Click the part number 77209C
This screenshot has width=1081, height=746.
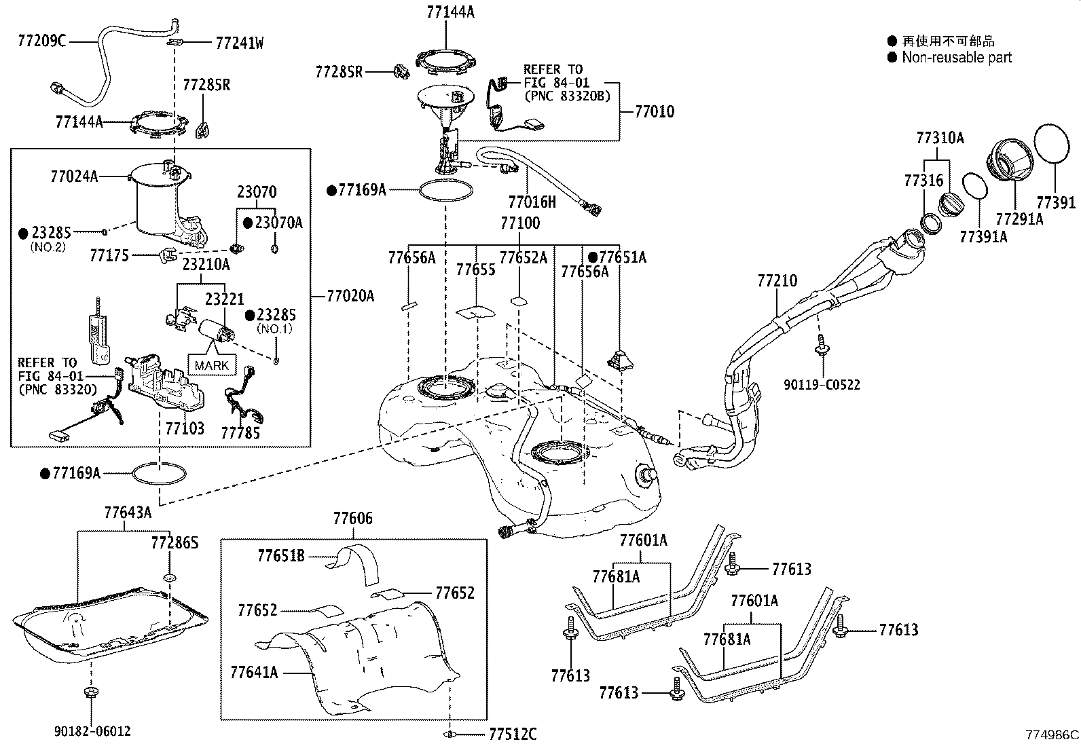click(x=41, y=41)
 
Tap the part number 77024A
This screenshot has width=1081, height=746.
click(x=73, y=176)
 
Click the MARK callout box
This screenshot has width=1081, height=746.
click(x=212, y=365)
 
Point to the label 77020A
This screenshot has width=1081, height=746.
click(x=350, y=296)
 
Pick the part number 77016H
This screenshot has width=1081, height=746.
click(x=532, y=202)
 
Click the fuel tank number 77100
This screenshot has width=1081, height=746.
click(x=519, y=223)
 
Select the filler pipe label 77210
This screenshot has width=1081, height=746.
click(x=777, y=280)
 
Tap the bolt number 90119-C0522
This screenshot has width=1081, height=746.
click(x=822, y=385)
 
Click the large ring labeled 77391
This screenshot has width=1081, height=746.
click(x=1055, y=144)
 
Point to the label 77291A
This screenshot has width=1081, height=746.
click(x=1019, y=219)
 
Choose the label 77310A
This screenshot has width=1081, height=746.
click(x=940, y=138)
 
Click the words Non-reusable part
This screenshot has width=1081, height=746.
click(x=956, y=58)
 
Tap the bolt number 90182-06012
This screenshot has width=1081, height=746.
click(x=92, y=731)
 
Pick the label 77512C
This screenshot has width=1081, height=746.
click(x=512, y=734)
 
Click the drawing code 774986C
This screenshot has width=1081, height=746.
click(x=1052, y=734)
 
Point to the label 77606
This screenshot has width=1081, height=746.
click(x=352, y=519)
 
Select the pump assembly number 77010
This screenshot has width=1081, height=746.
click(x=655, y=111)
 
